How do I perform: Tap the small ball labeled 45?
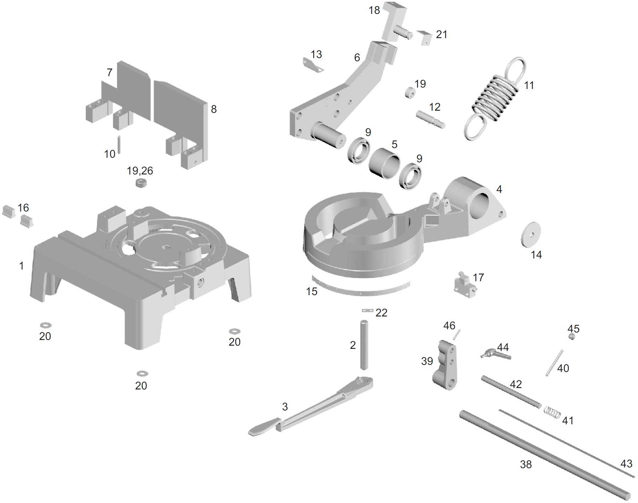(572, 337)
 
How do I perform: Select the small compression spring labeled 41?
(553, 413)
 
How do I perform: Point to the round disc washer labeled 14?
(530, 234)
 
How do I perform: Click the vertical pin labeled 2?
(364, 345)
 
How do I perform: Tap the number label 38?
(526, 464)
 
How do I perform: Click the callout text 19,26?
(140, 171)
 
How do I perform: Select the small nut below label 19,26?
(141, 184)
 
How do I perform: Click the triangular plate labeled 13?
(313, 65)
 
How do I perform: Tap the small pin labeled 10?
(119, 144)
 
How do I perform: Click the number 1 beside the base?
(21, 266)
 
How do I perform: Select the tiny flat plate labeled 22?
(366, 311)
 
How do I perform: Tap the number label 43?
(626, 463)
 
